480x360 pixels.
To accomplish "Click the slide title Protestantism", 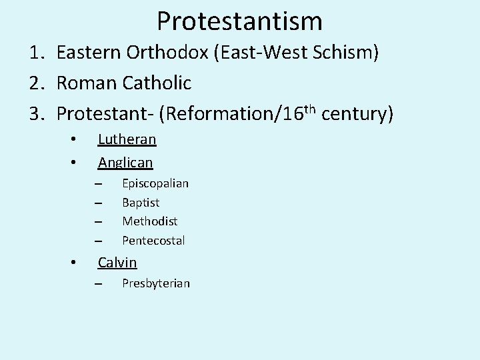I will click(239, 21).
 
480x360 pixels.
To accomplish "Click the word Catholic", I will click(157, 83).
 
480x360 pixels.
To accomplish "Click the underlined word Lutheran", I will click(127, 139).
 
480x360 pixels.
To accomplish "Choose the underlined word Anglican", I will click(125, 162).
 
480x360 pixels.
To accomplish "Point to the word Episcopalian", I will click(155, 183).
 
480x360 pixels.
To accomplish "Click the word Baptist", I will click(141, 202).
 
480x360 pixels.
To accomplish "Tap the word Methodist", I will click(149, 221).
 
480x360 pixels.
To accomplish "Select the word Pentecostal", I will click(153, 240).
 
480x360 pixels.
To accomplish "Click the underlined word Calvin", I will click(117, 262).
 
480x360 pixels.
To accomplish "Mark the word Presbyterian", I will click(156, 283).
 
